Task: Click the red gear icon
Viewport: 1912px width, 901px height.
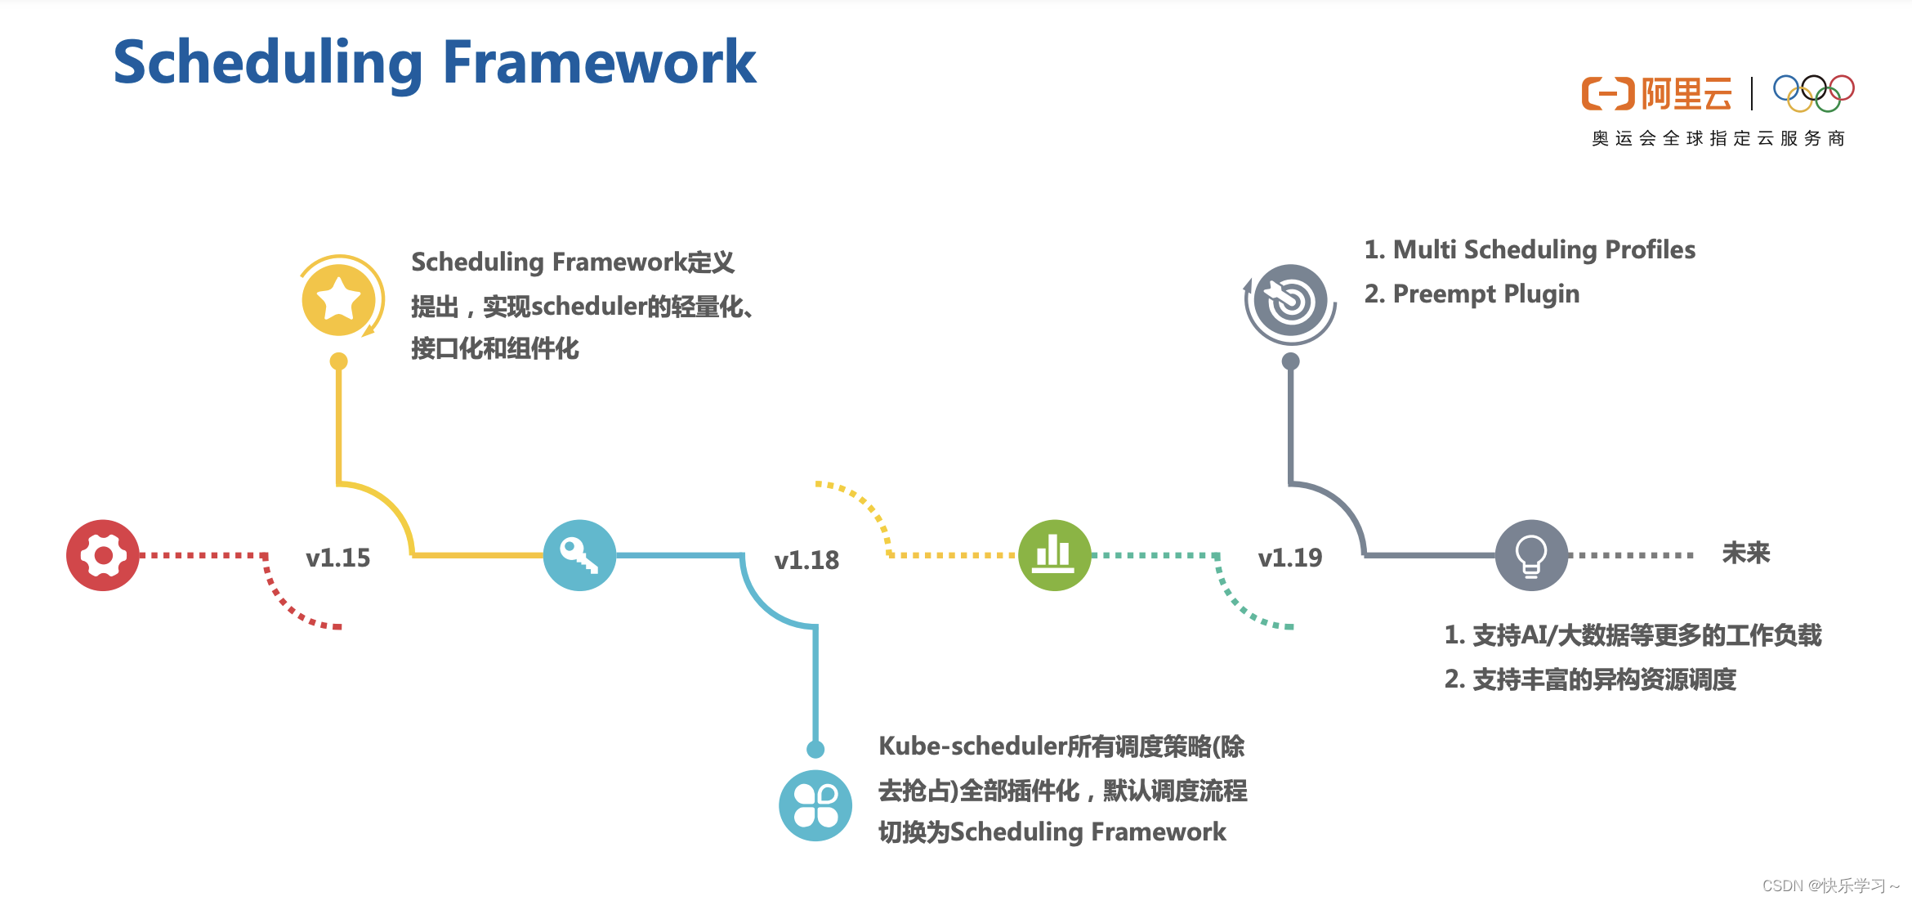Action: (x=103, y=555)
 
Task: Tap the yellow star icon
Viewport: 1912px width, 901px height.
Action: (x=339, y=300)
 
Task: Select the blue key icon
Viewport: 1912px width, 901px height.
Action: (x=579, y=555)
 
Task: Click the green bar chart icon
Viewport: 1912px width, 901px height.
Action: (x=1054, y=555)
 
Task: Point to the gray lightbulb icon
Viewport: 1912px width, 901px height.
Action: (x=1531, y=555)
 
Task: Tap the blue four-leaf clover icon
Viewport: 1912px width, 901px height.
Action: (x=815, y=805)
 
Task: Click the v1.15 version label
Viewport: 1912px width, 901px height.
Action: (x=337, y=558)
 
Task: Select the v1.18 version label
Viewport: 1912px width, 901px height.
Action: (x=806, y=560)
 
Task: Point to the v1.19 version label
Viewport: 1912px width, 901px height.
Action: (x=1289, y=558)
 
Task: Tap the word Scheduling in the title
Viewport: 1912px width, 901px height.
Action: (x=268, y=64)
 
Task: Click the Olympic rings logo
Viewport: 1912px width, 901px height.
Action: (x=1813, y=93)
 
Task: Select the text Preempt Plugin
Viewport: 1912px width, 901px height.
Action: (x=1485, y=294)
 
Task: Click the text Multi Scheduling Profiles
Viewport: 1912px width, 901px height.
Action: (x=1543, y=249)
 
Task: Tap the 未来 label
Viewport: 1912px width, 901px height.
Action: (x=1746, y=554)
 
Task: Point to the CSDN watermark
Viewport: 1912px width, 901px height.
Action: (x=1830, y=885)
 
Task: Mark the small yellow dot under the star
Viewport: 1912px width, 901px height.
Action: (x=338, y=361)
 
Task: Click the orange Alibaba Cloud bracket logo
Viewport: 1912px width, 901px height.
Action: (x=1607, y=94)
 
